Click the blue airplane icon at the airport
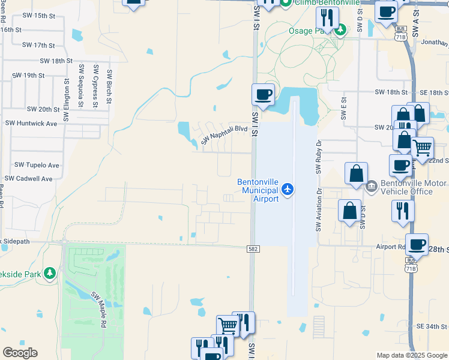pos(288,190)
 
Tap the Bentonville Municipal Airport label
pos(258,190)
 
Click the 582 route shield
pos(253,248)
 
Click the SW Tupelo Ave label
pos(37,165)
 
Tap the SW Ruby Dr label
pos(318,157)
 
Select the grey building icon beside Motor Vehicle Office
pos(371,187)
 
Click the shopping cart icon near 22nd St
pos(423,147)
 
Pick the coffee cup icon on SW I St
pos(263,94)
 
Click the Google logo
pos(20,352)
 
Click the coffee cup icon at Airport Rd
pos(417,244)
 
